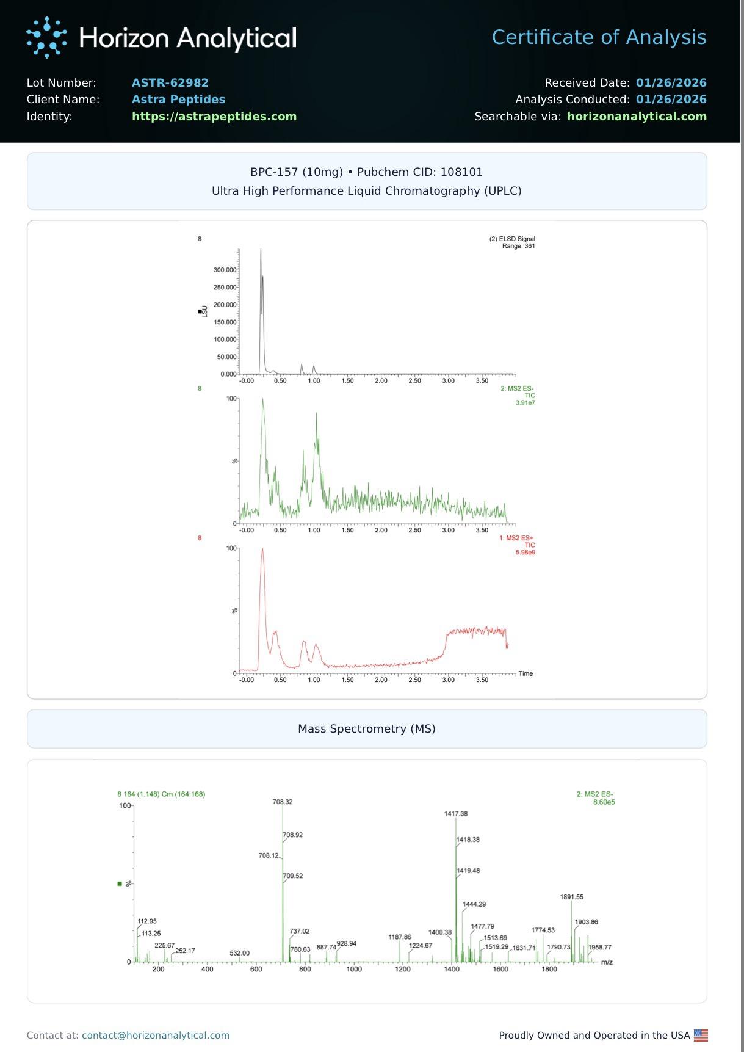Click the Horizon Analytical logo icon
46,37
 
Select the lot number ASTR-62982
170,82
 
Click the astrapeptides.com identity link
214,116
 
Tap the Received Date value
671,82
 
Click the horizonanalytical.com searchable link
637,116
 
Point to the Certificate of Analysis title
599,37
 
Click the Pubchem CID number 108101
461,172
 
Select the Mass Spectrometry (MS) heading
366,728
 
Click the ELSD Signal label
512,239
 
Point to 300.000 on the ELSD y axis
225,270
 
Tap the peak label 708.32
283,802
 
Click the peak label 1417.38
456,814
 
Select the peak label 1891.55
571,897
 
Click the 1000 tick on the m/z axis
354,969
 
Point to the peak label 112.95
147,921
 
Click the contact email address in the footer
156,1035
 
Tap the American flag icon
701,1035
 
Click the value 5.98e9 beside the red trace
525,553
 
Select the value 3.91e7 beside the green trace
525,403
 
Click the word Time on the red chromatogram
525,673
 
